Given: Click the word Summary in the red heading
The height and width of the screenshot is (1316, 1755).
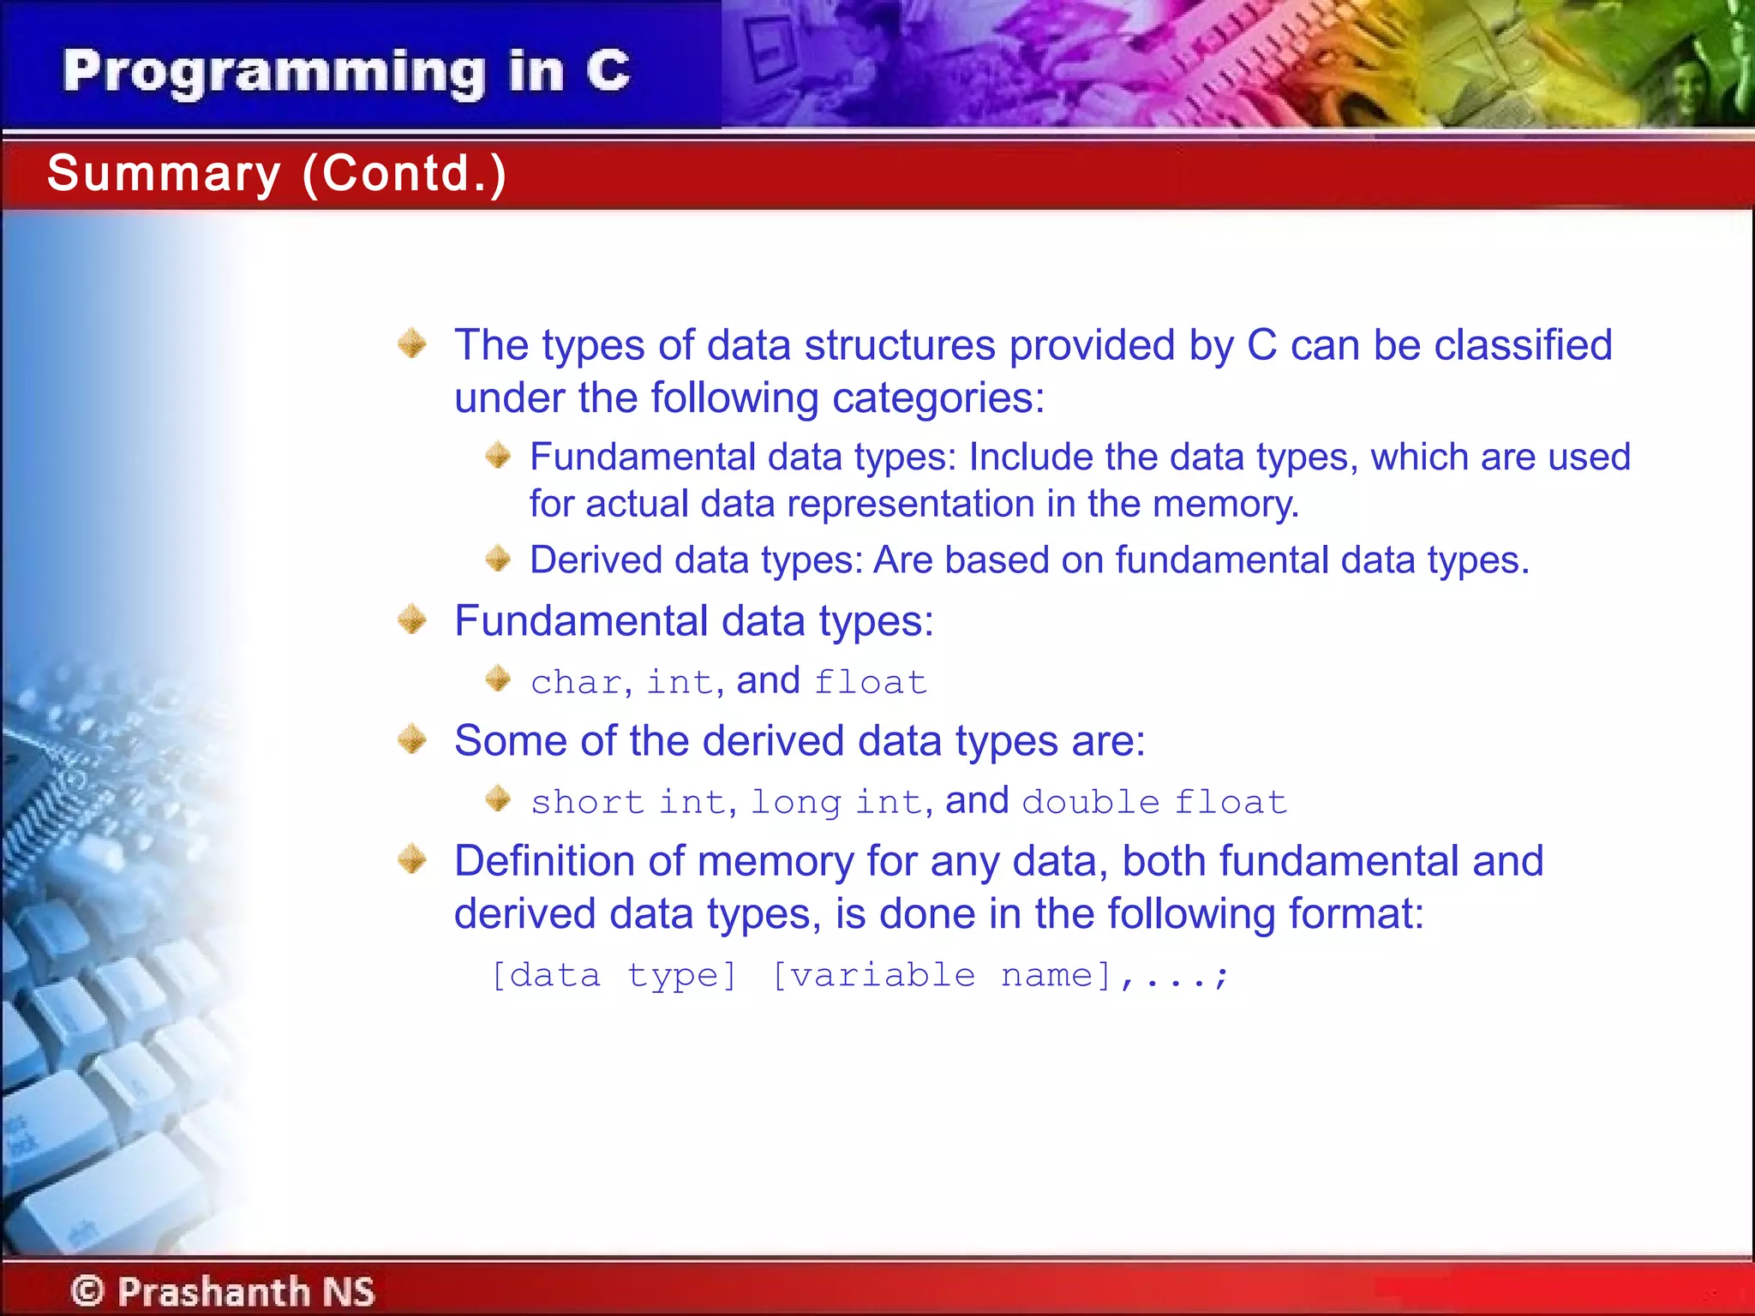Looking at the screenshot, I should tap(164, 173).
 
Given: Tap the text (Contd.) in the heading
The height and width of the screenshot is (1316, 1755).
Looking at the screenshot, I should tap(404, 173).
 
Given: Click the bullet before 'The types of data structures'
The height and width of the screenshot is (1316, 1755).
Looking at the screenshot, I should tap(412, 344).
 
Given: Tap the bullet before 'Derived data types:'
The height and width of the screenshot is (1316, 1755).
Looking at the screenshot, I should tap(498, 559).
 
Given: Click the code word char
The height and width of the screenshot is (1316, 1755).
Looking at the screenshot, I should tap(575, 683).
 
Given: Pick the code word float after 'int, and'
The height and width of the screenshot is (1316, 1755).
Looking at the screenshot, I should tap(870, 683).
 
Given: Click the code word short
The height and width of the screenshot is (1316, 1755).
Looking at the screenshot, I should tap(587, 803).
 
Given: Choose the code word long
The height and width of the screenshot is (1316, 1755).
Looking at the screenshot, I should tap(796, 803).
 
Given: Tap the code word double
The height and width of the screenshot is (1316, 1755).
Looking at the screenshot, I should tap(1090, 803).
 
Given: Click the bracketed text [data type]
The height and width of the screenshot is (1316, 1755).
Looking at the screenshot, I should tap(614, 976).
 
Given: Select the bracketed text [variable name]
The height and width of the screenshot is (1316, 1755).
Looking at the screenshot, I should tap(941, 976).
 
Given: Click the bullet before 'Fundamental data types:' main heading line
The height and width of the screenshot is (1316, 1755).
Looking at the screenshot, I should tap(412, 619).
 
